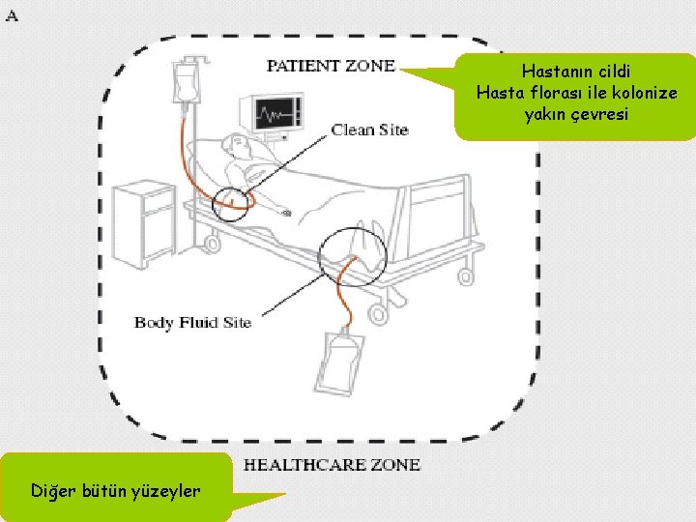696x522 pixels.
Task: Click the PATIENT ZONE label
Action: click(331, 66)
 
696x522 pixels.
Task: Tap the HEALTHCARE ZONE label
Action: click(332, 465)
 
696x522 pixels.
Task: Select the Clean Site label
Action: click(369, 130)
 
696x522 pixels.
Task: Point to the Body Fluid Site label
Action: click(192, 322)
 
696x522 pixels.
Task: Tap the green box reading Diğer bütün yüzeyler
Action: click(116, 490)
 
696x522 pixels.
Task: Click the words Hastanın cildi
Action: click(575, 72)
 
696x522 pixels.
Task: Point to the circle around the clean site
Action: click(235, 201)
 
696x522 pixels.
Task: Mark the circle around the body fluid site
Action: click(352, 253)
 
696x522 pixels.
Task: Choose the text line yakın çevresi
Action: click(575, 114)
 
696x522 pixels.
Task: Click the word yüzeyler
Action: click(165, 490)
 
